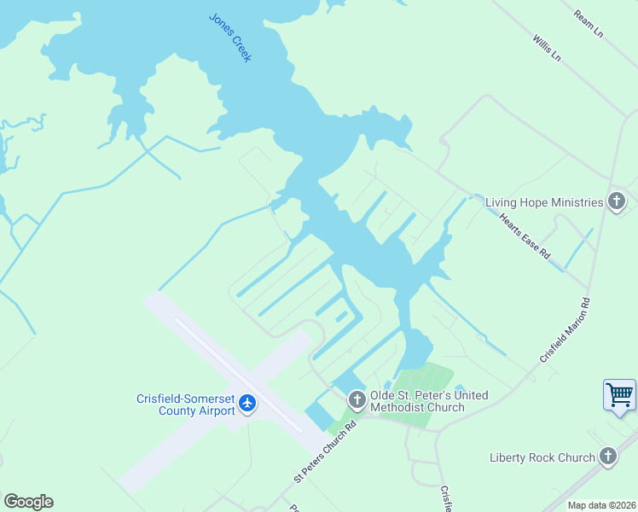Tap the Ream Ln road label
coord(589,24)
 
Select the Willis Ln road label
coord(547,48)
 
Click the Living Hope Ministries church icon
coord(617,202)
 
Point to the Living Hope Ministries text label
coord(543,202)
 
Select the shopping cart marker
coord(619,395)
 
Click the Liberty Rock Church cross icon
coord(607,457)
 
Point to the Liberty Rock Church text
coord(542,457)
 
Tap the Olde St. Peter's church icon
coord(357,399)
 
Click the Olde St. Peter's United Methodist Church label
coord(429,401)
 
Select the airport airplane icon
coord(247,402)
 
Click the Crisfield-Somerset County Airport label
coord(185,404)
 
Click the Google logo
coord(28,501)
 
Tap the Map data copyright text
coord(600,505)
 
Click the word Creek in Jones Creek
coord(240,48)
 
